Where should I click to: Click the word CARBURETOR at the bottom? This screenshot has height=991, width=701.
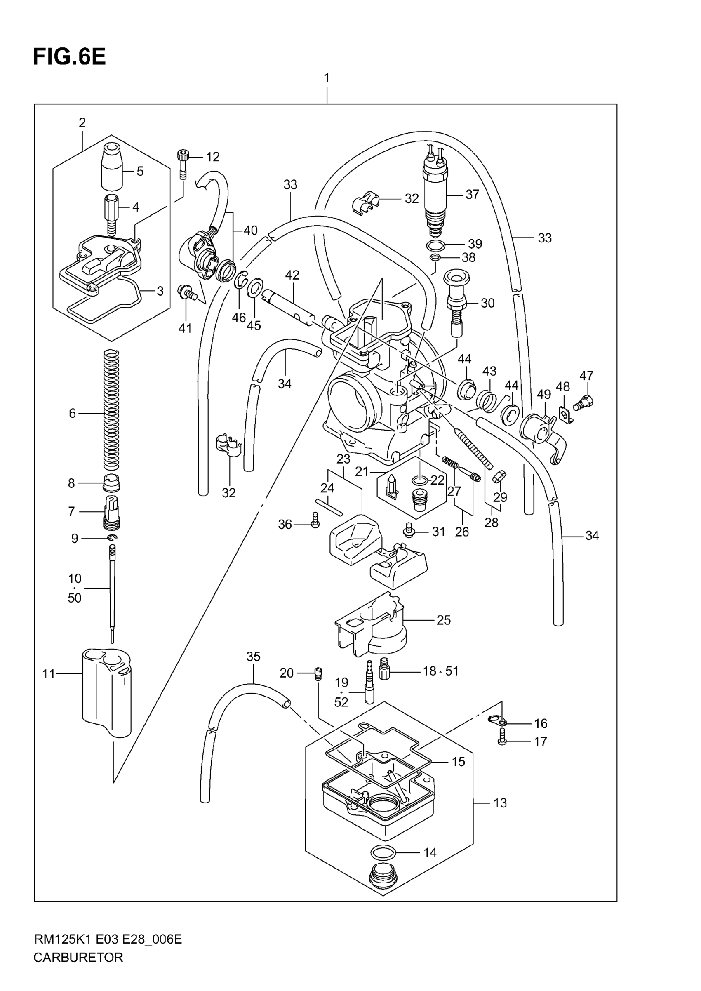tap(78, 970)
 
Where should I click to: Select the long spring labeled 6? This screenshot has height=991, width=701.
tap(112, 410)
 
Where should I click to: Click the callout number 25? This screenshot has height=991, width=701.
tap(443, 620)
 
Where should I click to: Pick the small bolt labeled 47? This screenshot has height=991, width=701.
tap(584, 404)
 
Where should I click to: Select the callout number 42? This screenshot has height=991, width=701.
tap(292, 275)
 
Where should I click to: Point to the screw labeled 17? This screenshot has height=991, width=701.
tap(501, 741)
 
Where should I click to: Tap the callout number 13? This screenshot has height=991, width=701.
tap(500, 803)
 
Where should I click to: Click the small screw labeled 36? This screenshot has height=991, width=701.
tap(315, 520)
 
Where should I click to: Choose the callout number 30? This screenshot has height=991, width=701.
tap(487, 303)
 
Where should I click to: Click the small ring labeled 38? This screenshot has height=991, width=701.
tap(435, 258)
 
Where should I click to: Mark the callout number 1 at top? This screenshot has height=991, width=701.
tap(327, 78)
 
